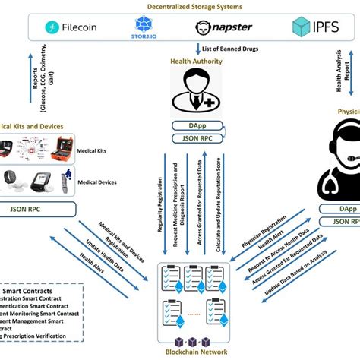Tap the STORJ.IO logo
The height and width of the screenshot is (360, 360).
coord(144,28)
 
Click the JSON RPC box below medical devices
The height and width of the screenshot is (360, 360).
coord(32,206)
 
